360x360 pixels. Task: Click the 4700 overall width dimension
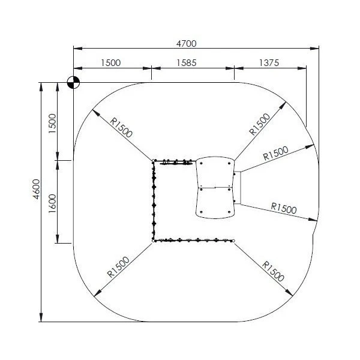click(x=186, y=44)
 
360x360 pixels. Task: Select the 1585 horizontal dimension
click(x=186, y=62)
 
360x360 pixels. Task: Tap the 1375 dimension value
click(x=269, y=62)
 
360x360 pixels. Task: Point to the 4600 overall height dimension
click(x=36, y=189)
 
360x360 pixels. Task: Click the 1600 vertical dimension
click(x=52, y=203)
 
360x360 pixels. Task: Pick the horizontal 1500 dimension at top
click(x=110, y=62)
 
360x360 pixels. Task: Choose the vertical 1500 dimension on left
click(x=52, y=123)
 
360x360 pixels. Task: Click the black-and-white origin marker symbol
click(x=73, y=82)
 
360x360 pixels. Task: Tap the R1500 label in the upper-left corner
click(x=121, y=128)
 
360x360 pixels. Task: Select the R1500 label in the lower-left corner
click(x=118, y=267)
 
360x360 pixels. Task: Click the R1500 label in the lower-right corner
click(x=273, y=271)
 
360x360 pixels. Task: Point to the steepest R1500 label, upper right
click(x=260, y=124)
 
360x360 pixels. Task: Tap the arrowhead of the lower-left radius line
click(x=97, y=293)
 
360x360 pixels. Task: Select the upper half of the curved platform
click(x=215, y=172)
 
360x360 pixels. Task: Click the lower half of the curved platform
click(x=215, y=203)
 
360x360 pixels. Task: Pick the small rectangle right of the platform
click(x=237, y=188)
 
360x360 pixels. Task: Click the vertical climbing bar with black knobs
click(x=154, y=200)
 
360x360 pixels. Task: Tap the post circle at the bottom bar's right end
click(x=233, y=241)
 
